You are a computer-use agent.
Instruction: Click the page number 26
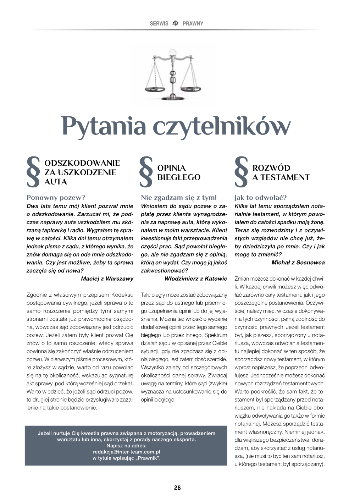(177, 488)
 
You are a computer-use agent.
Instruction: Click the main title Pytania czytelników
(176, 127)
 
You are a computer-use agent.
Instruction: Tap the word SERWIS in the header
(159, 23)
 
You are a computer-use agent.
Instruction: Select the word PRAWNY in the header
(193, 23)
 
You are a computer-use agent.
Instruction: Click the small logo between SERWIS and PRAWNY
(175, 23)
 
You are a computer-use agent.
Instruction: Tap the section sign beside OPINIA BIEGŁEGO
(146, 172)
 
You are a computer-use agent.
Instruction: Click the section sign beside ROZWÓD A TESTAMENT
(241, 172)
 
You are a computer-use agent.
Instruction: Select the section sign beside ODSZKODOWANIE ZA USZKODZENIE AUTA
(33, 172)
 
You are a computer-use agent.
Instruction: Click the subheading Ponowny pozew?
(56, 198)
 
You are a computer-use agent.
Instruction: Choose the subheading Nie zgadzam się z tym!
(178, 198)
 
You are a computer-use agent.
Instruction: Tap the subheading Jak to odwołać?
(261, 198)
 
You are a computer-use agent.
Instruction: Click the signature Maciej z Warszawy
(107, 279)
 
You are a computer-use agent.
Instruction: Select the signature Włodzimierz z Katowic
(195, 279)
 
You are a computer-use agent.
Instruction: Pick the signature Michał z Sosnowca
(298, 263)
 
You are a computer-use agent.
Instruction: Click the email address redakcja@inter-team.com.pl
(127, 452)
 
